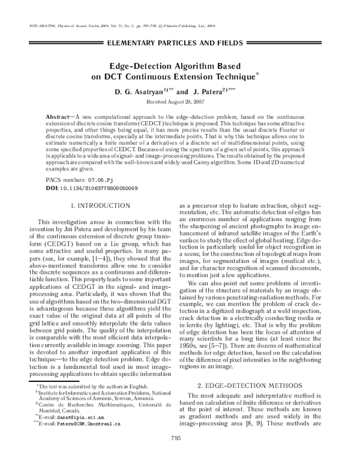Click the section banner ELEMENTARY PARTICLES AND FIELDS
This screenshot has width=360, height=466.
(180, 44)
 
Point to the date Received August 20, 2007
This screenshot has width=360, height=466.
(180, 102)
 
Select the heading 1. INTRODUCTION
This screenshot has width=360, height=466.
(100, 206)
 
